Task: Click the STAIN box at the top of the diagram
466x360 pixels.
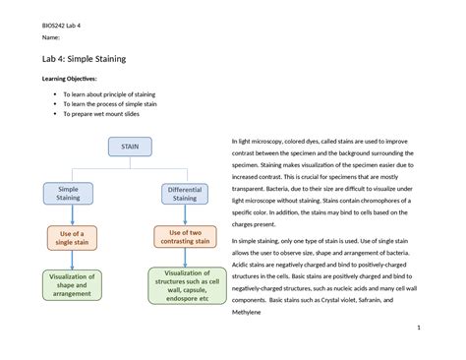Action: pos(130,147)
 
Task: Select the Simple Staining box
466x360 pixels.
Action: pos(68,194)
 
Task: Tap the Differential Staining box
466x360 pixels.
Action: pos(185,194)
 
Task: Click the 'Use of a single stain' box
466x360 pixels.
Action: pos(72,238)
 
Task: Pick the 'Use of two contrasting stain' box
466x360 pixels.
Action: pos(185,237)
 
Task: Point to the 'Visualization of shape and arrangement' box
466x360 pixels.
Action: pos(72,285)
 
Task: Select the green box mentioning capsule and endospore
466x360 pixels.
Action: pos(187,285)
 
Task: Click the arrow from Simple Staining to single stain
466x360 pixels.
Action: pos(73,215)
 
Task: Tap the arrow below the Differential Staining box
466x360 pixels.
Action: pos(185,215)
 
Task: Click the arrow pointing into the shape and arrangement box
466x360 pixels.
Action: pos(72,261)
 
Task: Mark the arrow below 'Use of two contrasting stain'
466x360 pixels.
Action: pos(185,258)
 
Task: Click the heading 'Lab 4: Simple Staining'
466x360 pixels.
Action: pos(84,59)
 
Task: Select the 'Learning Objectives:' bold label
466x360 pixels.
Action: pos(69,79)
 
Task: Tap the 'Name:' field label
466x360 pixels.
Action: pos(51,37)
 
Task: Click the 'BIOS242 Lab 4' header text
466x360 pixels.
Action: pos(61,26)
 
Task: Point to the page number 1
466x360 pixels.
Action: pos(419,328)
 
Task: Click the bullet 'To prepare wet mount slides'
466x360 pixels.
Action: pos(101,114)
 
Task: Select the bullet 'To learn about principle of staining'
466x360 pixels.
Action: pos(109,94)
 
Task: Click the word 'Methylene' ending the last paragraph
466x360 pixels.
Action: pos(247,313)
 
